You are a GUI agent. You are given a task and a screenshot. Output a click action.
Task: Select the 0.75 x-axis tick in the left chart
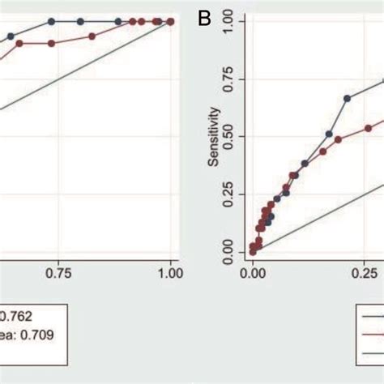pos(59,275)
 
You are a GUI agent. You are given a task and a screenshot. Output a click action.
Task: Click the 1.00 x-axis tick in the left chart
pos(170,275)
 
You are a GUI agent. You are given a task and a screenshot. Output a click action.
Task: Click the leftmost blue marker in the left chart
pos(11,36)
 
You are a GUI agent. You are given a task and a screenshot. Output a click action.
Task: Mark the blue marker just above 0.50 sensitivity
pos(329,134)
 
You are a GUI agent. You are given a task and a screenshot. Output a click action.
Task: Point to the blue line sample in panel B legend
pos(373,317)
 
